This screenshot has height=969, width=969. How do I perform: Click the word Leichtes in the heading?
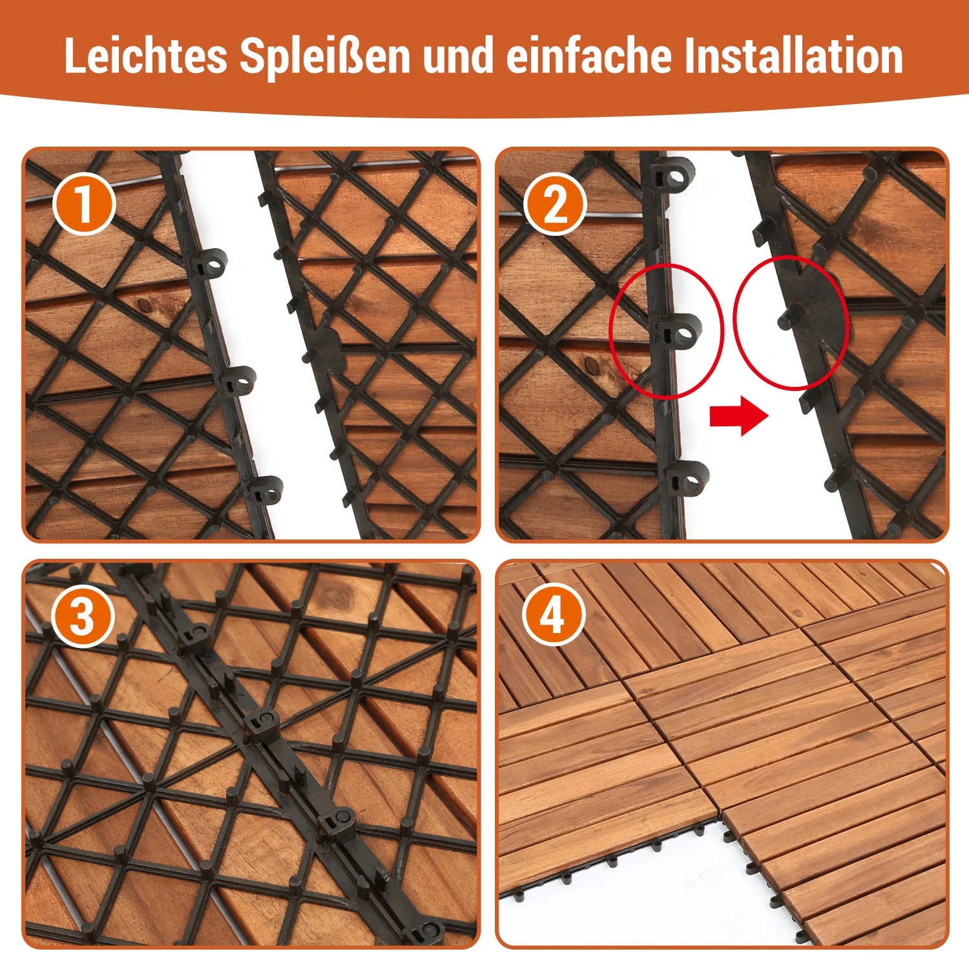[x=145, y=56]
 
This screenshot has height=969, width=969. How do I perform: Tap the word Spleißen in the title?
[x=325, y=56]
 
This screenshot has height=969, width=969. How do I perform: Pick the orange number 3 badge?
[x=83, y=616]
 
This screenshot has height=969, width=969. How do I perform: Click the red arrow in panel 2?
[x=739, y=416]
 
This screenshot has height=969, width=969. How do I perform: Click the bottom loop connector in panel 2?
[x=687, y=479]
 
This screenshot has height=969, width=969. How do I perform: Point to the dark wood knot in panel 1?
[x=143, y=300]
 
